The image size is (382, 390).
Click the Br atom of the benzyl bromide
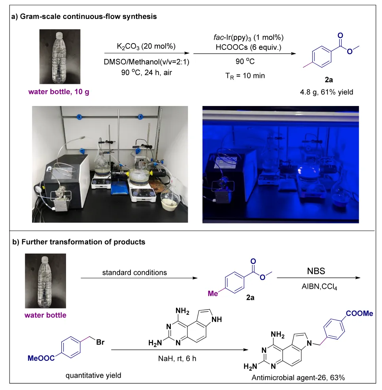100,341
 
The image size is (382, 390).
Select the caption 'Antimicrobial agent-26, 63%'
299,378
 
